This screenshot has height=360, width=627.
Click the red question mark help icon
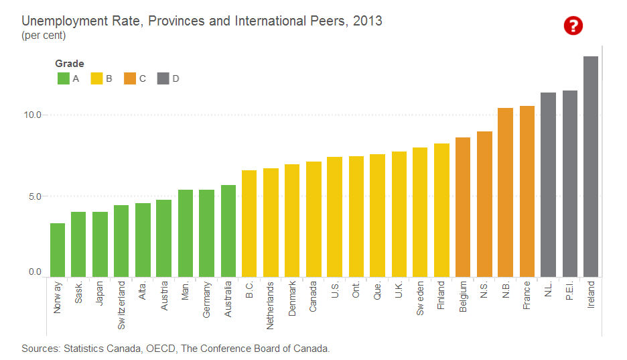573,26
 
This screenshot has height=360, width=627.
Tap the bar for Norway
58,249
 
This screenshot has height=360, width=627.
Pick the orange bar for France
527,191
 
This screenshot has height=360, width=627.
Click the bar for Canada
313,219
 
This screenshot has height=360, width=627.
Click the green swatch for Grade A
64,78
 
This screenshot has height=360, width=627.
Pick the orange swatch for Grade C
130,78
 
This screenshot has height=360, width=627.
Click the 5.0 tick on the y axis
33,196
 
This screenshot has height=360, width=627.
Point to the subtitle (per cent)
44,36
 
